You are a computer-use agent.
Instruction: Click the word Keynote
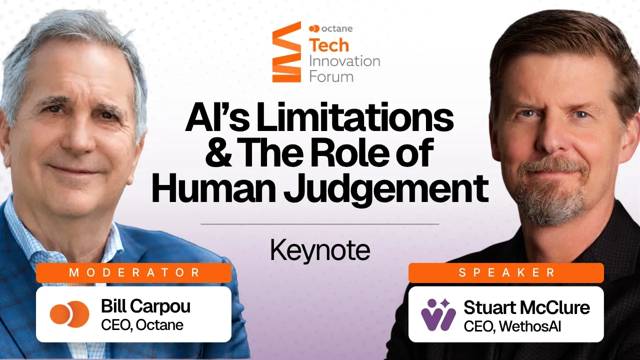(x=320, y=250)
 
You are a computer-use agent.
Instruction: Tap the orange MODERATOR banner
(x=133, y=273)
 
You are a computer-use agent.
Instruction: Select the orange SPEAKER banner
(x=506, y=273)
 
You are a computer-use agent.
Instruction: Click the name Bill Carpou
(x=145, y=306)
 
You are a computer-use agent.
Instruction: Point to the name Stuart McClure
(x=526, y=307)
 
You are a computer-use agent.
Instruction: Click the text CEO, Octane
(x=142, y=325)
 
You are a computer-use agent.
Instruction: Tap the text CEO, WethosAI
(x=512, y=326)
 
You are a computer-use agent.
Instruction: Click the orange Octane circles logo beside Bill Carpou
(x=69, y=314)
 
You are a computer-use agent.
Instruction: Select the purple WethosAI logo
(x=438, y=314)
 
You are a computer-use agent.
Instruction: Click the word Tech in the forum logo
(x=329, y=45)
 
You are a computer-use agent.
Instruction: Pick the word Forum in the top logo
(x=331, y=77)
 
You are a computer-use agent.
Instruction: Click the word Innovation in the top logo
(x=344, y=61)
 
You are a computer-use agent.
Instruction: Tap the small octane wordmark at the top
(x=331, y=28)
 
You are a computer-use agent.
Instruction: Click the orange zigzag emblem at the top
(x=286, y=51)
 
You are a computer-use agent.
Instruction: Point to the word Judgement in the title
(x=386, y=189)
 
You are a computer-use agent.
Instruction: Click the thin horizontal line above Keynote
(x=319, y=224)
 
